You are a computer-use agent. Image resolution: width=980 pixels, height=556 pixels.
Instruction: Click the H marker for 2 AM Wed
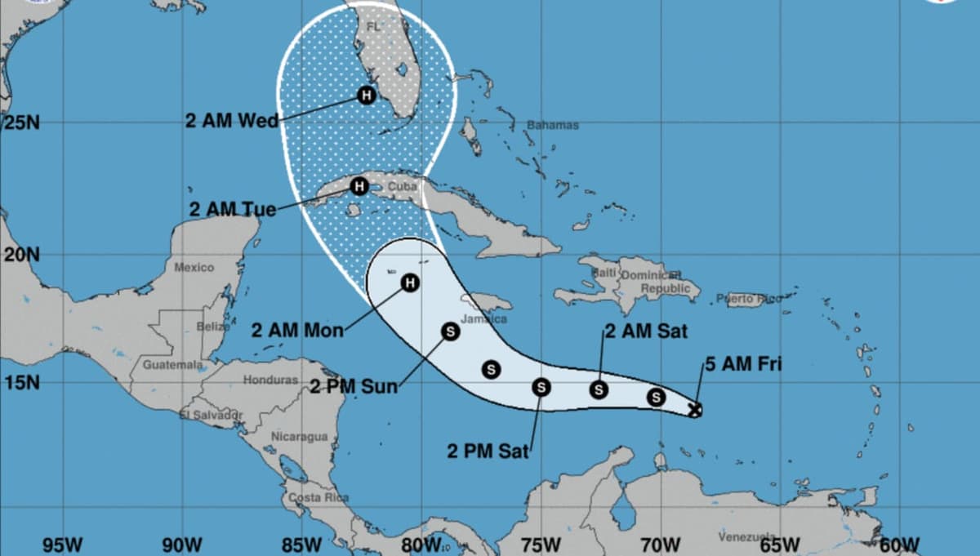pos(367,96)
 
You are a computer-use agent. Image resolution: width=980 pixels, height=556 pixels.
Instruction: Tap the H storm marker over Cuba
pos(359,186)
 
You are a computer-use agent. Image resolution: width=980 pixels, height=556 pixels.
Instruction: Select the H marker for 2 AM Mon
pos(409,282)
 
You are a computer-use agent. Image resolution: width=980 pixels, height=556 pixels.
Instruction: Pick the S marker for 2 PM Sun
pos(450,331)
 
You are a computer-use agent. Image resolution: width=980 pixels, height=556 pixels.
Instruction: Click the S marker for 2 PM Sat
pos(541,387)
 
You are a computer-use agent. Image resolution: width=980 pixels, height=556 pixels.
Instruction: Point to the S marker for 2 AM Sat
pos(599,389)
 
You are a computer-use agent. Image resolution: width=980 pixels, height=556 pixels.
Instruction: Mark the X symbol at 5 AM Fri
pos(695,410)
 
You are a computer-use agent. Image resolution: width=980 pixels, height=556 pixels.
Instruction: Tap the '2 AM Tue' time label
pos(232,209)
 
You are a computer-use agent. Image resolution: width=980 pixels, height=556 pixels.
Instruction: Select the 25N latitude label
pos(21,123)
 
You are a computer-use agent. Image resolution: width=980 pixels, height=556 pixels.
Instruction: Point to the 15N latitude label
pos(21,382)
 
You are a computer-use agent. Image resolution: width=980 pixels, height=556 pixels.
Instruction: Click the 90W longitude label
pos(182,545)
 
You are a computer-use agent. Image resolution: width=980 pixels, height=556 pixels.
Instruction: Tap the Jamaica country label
pos(484,318)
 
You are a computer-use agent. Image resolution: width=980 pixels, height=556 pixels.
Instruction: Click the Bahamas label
pos(552,125)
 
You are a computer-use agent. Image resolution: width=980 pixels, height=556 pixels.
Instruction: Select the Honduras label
pos(270,380)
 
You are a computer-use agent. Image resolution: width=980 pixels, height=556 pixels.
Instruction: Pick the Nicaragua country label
pos(299,437)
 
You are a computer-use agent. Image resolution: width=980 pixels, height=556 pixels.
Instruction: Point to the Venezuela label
pos(746,536)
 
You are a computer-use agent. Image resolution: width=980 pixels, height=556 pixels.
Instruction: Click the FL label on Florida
pos(374,28)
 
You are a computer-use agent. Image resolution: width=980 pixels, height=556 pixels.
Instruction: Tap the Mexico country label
pos(194,267)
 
